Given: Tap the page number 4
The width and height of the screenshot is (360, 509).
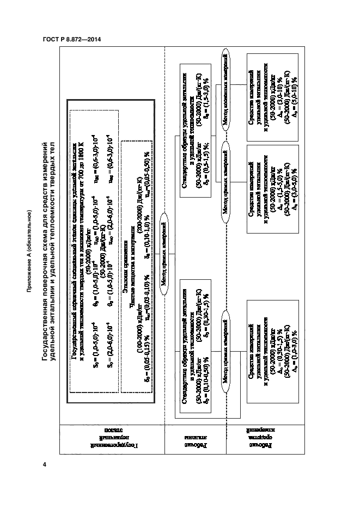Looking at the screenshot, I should pos(45,464).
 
